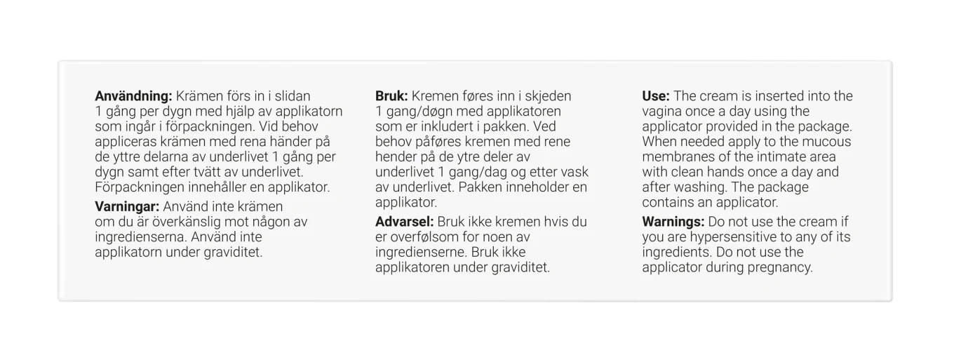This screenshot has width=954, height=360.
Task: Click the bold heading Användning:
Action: (133, 95)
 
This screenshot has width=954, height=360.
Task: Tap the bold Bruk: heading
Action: (392, 95)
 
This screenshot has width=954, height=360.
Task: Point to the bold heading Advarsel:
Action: (405, 222)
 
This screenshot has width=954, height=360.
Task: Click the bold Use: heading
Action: (656, 95)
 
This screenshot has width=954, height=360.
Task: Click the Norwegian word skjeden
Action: (548, 95)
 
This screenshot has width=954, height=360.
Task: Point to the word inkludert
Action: (457, 126)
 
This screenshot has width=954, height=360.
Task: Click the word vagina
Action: (661, 111)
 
